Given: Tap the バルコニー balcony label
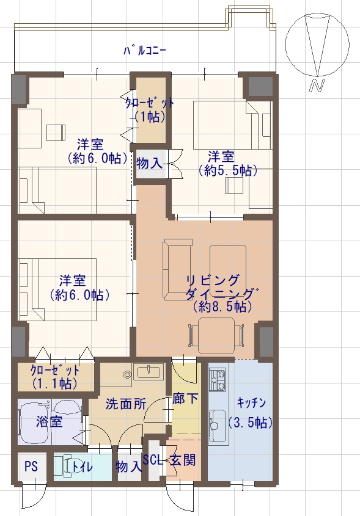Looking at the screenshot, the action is (144, 51).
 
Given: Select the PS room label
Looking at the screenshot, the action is (31, 467).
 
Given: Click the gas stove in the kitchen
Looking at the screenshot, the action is (217, 380).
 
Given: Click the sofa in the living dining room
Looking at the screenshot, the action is (177, 269).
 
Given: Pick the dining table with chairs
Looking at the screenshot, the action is (216, 335).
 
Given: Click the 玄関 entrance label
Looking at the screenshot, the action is (183, 460).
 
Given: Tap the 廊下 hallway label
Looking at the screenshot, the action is (185, 399).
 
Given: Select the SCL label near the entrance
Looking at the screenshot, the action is (153, 460).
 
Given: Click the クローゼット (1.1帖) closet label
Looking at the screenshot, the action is (54, 377).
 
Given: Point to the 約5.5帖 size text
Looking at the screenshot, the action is (228, 170).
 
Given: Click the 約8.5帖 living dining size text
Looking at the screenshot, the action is (223, 307).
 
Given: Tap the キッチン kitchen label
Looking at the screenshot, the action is (251, 402).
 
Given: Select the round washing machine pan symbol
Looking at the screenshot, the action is (127, 374).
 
